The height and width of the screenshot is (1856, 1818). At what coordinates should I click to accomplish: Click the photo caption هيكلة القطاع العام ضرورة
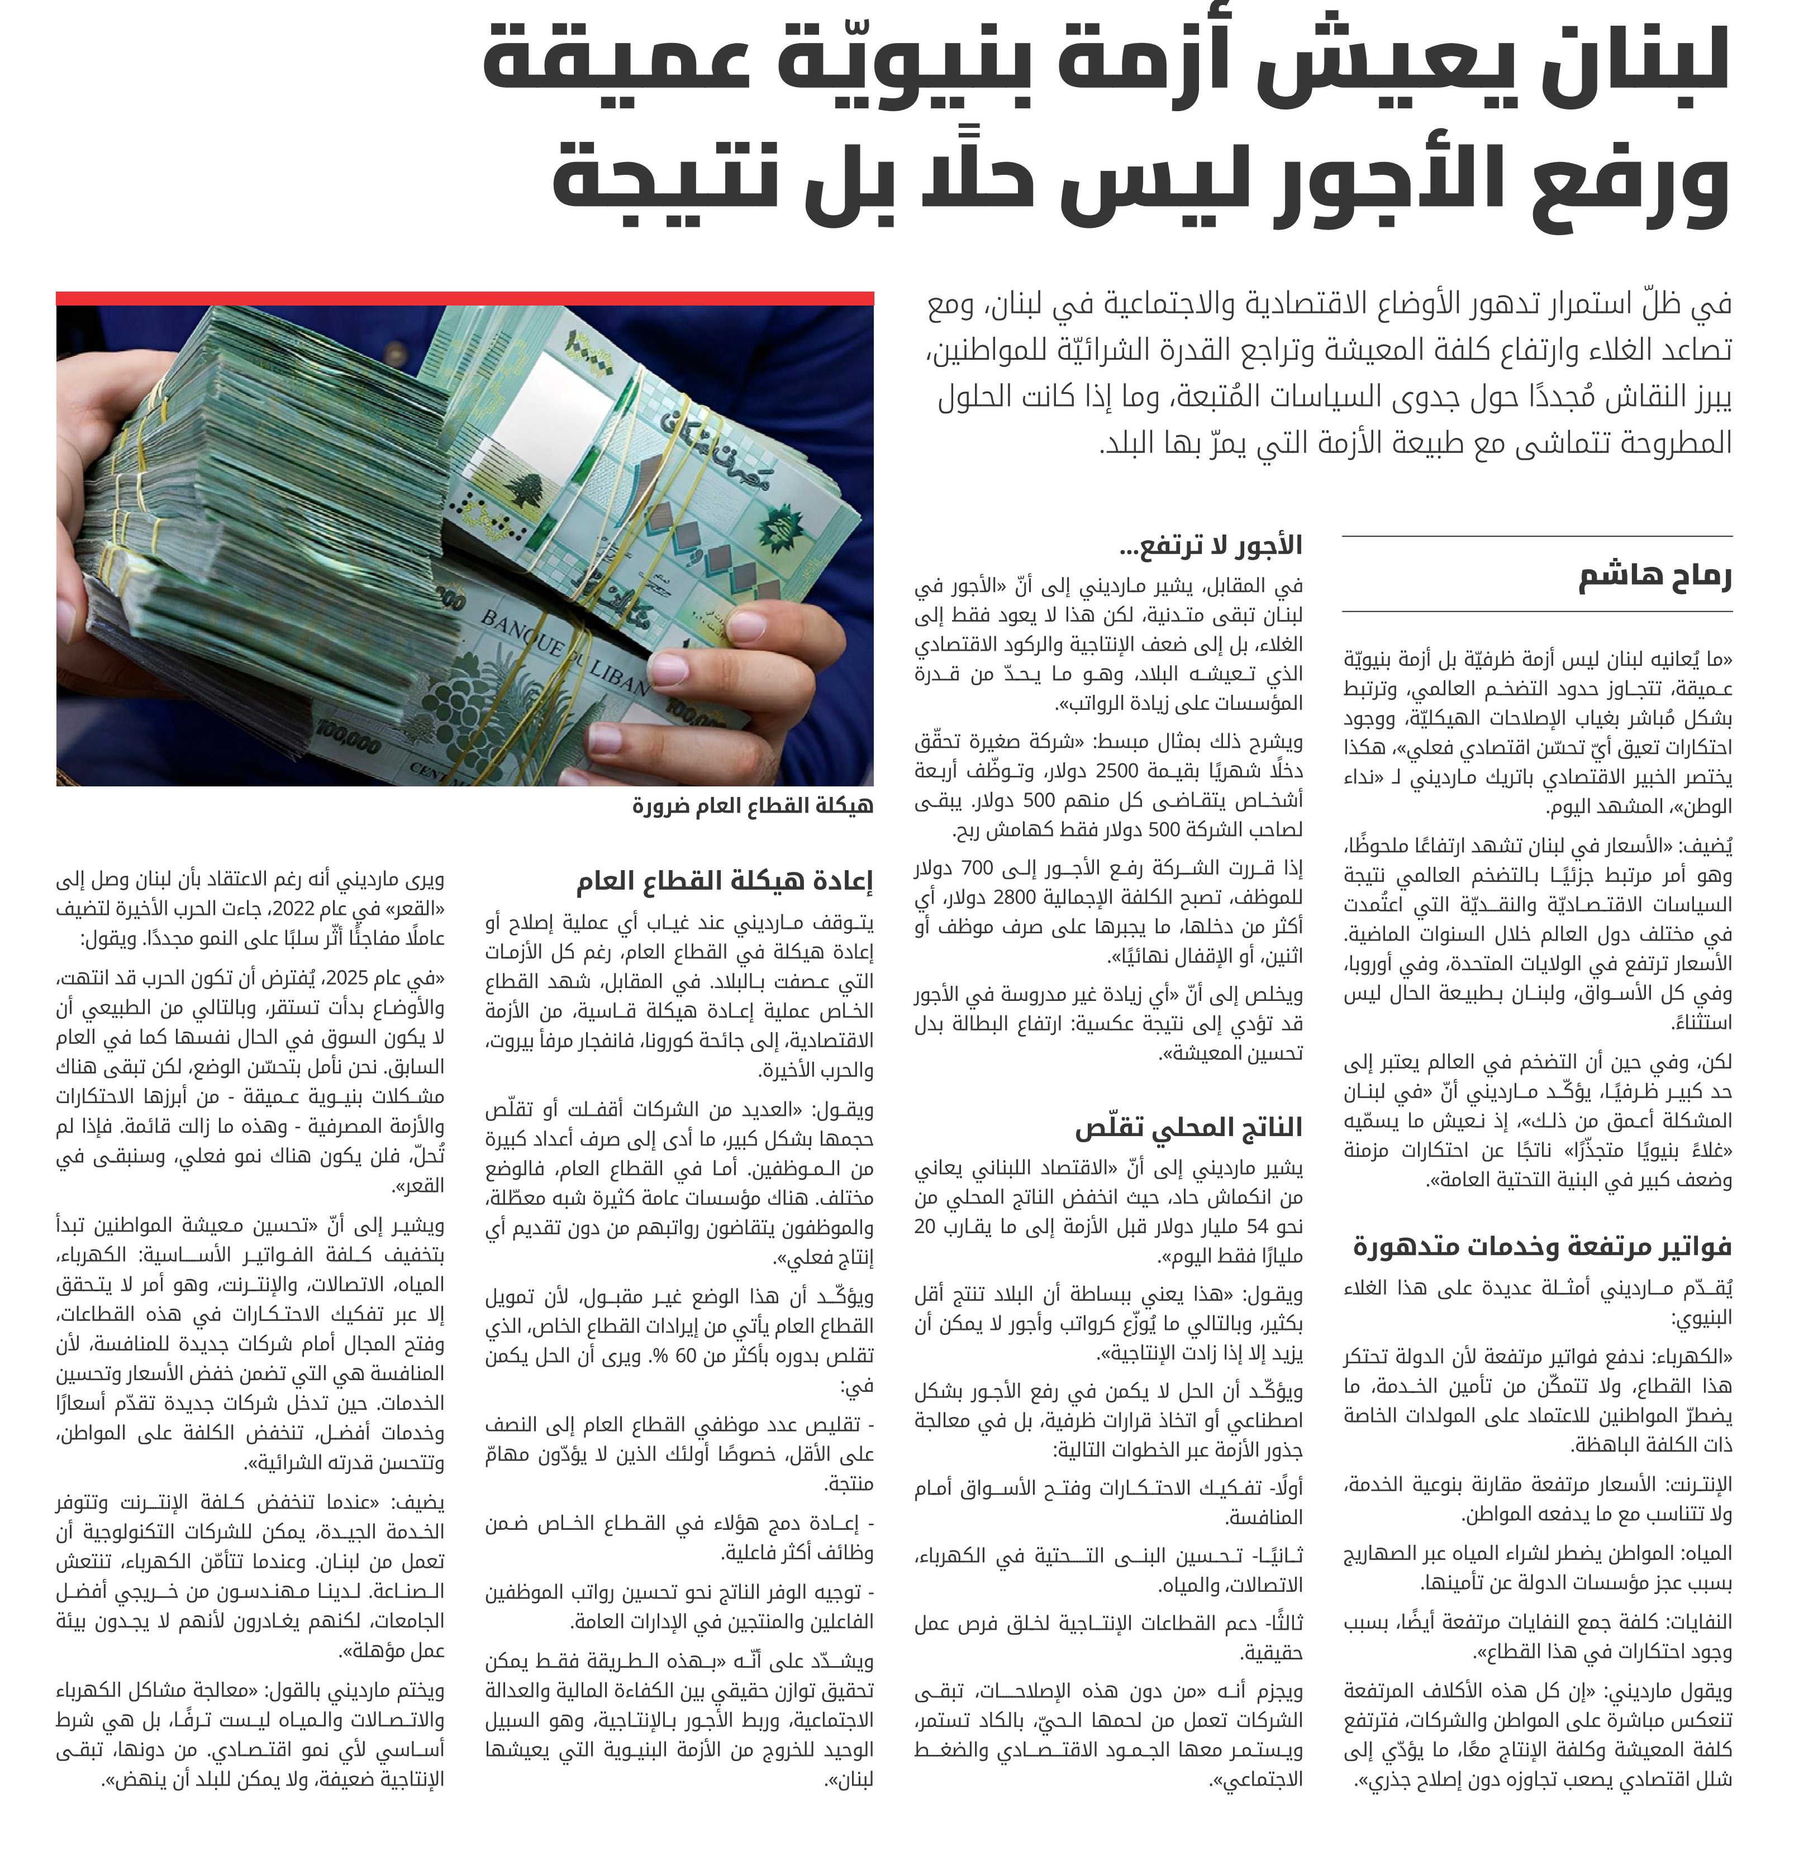point(753,806)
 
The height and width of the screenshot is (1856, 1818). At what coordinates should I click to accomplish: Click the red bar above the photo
point(465,298)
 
